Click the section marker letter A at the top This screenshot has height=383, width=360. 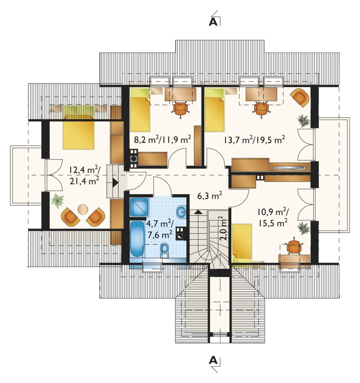(x=213, y=22)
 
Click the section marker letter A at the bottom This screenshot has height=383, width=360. (x=213, y=360)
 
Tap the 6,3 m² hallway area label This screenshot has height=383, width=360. (x=210, y=196)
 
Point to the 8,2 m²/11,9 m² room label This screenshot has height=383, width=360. (x=162, y=140)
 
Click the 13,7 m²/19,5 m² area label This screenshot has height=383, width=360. (x=254, y=140)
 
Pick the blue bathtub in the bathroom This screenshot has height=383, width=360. (x=137, y=239)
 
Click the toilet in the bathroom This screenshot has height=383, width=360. (x=165, y=251)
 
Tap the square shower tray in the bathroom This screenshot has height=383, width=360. (x=139, y=207)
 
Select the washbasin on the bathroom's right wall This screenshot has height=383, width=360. (x=181, y=211)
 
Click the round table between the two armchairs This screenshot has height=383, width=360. (x=83, y=209)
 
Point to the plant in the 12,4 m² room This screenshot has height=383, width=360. (x=58, y=200)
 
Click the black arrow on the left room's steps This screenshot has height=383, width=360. (x=115, y=183)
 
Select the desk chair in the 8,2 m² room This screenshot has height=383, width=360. (x=181, y=109)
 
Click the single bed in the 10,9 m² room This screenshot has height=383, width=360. (x=242, y=243)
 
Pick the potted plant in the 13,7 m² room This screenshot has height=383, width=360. (x=303, y=120)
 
